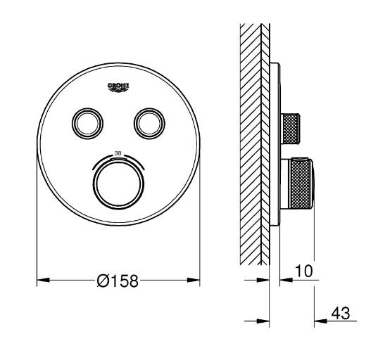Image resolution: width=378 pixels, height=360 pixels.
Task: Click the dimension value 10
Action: coord(303,269)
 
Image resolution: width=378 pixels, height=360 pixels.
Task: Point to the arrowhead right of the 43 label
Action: coord(317,322)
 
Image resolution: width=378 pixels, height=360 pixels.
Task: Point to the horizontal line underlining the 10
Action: coord(303,279)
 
